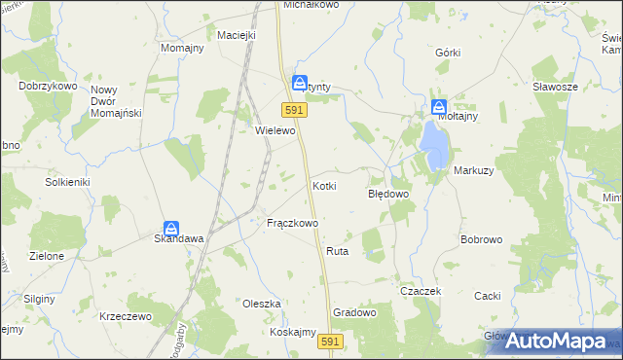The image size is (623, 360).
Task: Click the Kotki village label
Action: [324, 185]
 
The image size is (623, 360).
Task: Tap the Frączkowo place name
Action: [293, 223]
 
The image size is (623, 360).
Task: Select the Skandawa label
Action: [177, 237]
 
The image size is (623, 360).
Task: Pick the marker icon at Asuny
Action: [301, 84]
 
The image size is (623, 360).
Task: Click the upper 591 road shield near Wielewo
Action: [296, 111]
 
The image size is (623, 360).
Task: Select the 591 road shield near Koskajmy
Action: [331, 342]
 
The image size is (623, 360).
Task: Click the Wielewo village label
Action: [275, 130]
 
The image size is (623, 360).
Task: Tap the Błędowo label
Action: [387, 194]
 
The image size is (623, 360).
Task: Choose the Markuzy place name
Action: [473, 170]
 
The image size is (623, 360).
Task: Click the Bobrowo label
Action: [481, 239]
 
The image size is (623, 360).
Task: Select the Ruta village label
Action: [338, 251]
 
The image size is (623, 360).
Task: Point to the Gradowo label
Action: [354, 313]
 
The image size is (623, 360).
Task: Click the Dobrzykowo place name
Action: [48, 86]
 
